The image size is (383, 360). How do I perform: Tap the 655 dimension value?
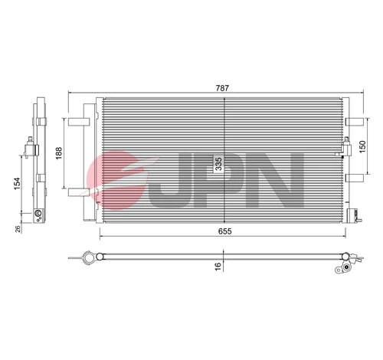pos(223,231)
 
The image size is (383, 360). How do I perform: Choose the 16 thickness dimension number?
pos(219,265)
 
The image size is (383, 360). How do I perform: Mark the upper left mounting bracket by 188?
pos(78,120)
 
